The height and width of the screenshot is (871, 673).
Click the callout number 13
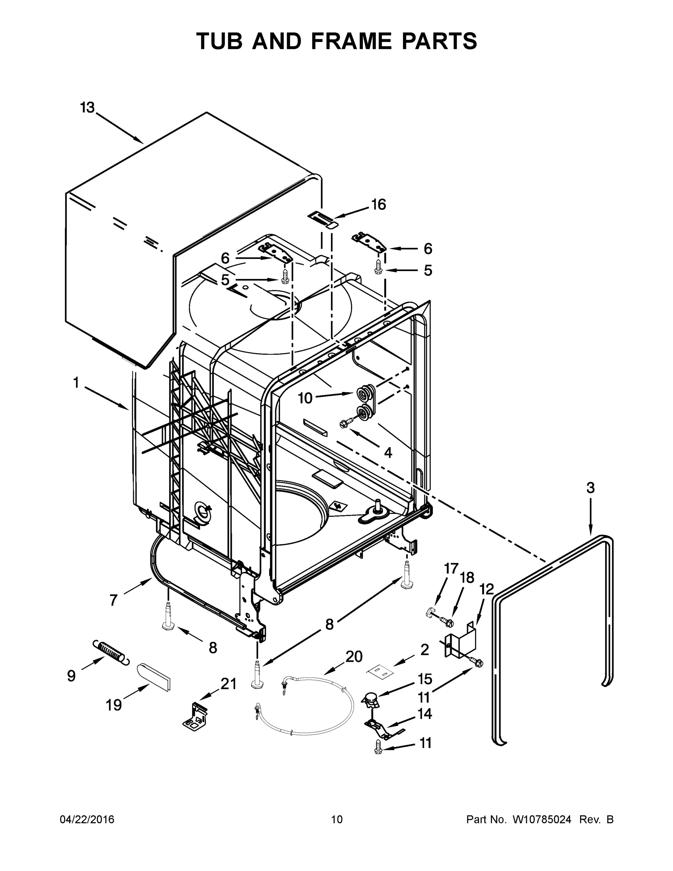click(87, 107)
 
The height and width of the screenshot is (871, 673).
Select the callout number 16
click(378, 205)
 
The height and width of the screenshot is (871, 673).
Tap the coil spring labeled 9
click(111, 653)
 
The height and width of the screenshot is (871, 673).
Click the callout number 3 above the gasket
click(591, 487)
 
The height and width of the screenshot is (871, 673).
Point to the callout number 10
click(305, 398)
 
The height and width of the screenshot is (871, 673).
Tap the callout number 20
click(354, 657)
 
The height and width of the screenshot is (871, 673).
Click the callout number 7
click(114, 600)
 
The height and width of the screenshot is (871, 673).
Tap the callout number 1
click(76, 383)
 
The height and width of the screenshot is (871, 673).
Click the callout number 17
click(451, 568)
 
